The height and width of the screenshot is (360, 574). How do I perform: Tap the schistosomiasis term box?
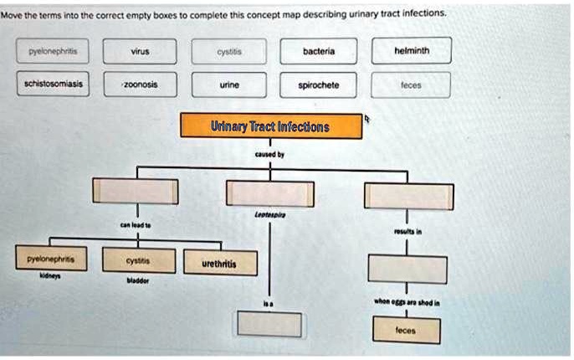[x=48, y=85]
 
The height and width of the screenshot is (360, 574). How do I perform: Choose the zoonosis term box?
[x=140, y=85]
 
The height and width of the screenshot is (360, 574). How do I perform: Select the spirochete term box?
[x=319, y=85]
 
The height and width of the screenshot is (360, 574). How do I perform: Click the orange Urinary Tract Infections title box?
[x=270, y=127]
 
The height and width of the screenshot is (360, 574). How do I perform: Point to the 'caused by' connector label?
[x=269, y=155]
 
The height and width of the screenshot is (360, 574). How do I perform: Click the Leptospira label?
[x=269, y=214]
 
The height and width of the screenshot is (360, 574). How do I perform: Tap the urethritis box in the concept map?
[x=219, y=264]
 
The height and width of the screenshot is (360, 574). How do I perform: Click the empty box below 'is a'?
[x=269, y=323]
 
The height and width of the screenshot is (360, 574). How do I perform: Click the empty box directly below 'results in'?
[x=407, y=268]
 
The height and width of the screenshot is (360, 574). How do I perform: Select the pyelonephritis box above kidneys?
[x=47, y=260]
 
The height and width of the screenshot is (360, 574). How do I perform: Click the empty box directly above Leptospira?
[x=269, y=193]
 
